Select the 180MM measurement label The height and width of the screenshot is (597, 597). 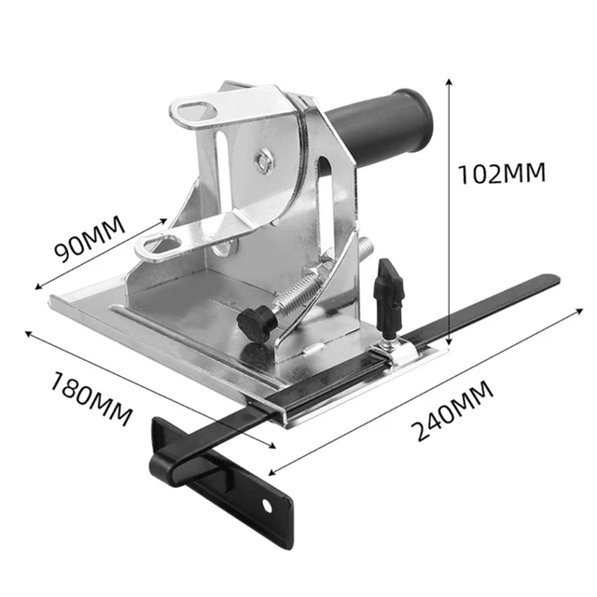[91, 392]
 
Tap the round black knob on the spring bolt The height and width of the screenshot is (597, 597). [253, 323]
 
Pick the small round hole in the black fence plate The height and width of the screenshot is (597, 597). [270, 505]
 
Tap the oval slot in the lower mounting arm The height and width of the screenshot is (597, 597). [160, 245]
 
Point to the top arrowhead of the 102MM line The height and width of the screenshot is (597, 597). [451, 82]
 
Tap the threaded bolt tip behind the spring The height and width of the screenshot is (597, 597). [366, 247]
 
